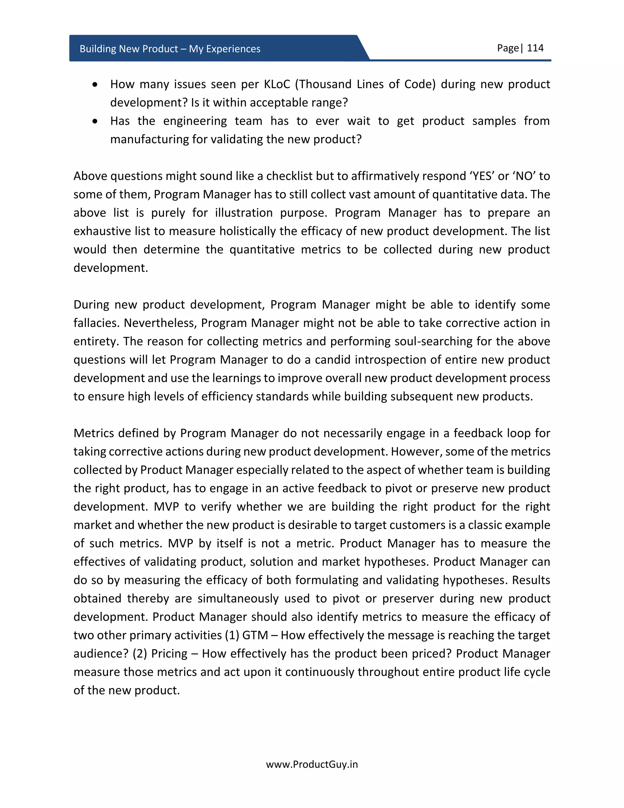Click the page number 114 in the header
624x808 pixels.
[535, 48]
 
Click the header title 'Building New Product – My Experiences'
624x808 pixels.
[170, 49]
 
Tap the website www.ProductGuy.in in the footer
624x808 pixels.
[312, 764]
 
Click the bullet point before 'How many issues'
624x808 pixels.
[95, 85]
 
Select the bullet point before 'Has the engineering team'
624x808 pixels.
[95, 121]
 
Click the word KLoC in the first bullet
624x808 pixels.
[277, 84]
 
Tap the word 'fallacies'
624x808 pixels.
[96, 323]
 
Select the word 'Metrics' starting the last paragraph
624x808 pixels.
[95, 433]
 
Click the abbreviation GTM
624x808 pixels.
[255, 635]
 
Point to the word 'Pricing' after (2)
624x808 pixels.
[169, 654]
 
